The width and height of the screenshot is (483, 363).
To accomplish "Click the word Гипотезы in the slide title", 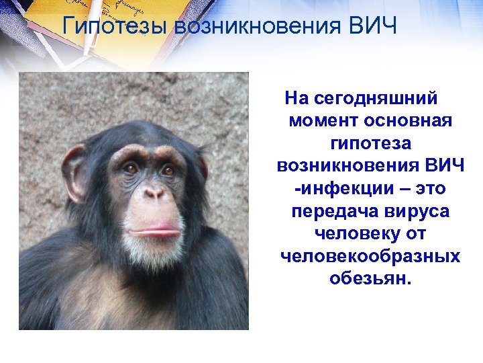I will click(115, 28).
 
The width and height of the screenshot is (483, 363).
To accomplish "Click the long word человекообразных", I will click(370, 256).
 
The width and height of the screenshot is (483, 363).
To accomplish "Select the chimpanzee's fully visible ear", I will click(73, 171).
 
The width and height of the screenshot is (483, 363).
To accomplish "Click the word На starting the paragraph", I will click(296, 99).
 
